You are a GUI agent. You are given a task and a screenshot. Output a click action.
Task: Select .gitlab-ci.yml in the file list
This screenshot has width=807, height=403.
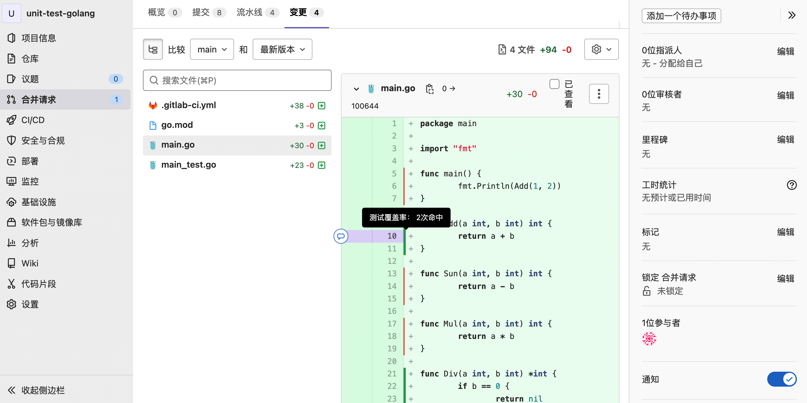pos(189,105)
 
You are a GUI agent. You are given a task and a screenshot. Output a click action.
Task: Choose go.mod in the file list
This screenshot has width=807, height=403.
pos(177,125)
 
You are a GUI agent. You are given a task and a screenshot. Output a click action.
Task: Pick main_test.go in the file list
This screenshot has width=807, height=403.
pos(189,165)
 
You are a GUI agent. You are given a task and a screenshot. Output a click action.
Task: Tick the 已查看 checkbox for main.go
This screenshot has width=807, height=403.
pos(554,84)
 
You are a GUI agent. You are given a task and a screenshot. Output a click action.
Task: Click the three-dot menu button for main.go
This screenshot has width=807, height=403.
pos(599,94)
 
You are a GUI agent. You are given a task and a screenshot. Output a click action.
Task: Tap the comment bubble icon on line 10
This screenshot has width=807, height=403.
pos(341,236)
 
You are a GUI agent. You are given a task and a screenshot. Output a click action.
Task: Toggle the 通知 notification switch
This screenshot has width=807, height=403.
pos(782,379)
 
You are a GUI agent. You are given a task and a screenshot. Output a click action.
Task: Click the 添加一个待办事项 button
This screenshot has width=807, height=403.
pos(681,16)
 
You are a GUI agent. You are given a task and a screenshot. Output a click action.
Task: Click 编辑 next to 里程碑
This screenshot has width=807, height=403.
pos(785,140)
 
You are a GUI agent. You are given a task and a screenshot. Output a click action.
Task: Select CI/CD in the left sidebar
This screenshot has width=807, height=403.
pos(33,120)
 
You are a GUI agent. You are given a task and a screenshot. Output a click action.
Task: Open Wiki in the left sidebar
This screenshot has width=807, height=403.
pos(30,263)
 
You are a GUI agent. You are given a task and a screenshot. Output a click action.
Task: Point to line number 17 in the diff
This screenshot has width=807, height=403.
pos(392,324)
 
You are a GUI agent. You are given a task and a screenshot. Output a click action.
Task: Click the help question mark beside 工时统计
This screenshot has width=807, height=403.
pos(792,185)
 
